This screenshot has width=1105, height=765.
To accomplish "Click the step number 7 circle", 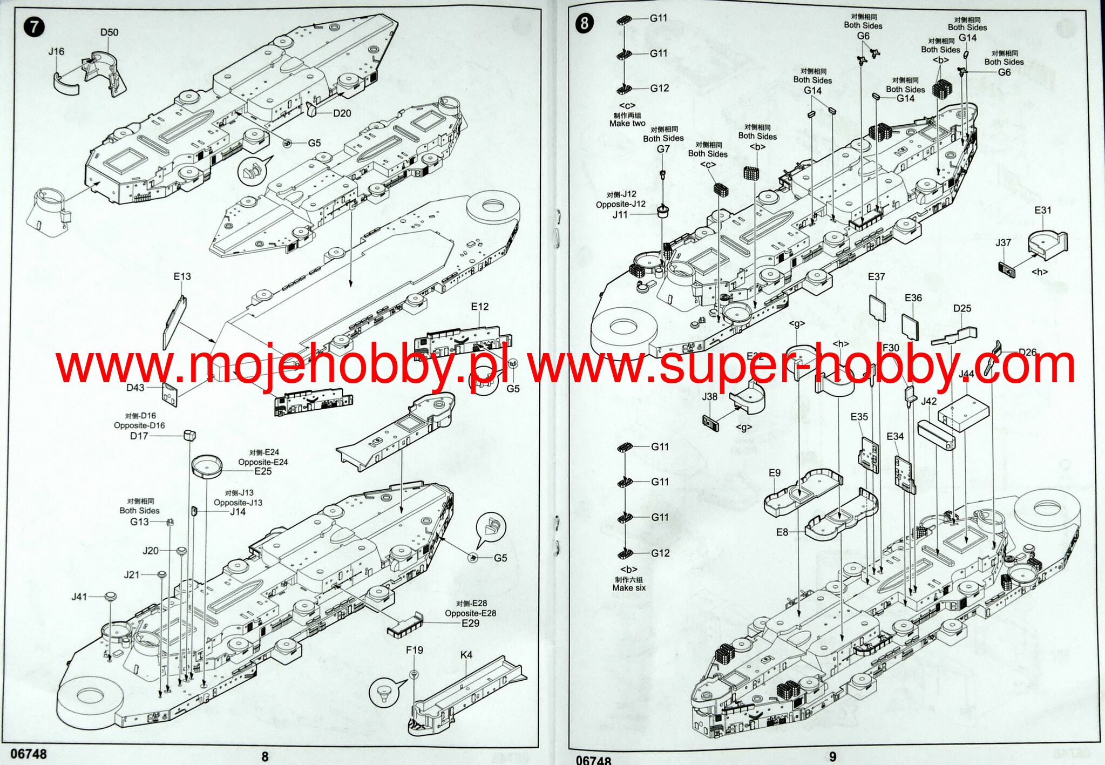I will point(35,26).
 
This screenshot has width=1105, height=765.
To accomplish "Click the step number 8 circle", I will point(585,24).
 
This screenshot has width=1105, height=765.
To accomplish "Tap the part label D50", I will point(109,32).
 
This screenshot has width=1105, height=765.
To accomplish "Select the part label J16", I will point(56,51).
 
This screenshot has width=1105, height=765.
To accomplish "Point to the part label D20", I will point(342,113).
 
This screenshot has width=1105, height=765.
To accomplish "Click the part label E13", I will point(182,276).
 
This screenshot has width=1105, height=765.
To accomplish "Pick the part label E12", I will point(479,307).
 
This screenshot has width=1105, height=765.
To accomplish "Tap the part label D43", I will point(135,388).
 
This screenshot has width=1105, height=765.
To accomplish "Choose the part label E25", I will point(263,471).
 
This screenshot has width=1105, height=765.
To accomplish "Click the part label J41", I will point(79,597).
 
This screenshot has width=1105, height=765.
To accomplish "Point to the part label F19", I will point(415,650).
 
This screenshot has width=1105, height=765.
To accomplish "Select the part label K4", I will point(466,655).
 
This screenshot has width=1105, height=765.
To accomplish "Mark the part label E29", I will point(470,623).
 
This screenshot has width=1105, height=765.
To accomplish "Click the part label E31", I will point(1043,210).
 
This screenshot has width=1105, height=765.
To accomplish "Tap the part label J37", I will point(1003,242).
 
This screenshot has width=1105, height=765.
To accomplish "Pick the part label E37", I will point(876,276).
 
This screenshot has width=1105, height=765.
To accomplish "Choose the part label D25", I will point(962,308).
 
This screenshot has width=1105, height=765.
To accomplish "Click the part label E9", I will point(775,473).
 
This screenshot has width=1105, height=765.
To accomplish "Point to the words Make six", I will point(629,588).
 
